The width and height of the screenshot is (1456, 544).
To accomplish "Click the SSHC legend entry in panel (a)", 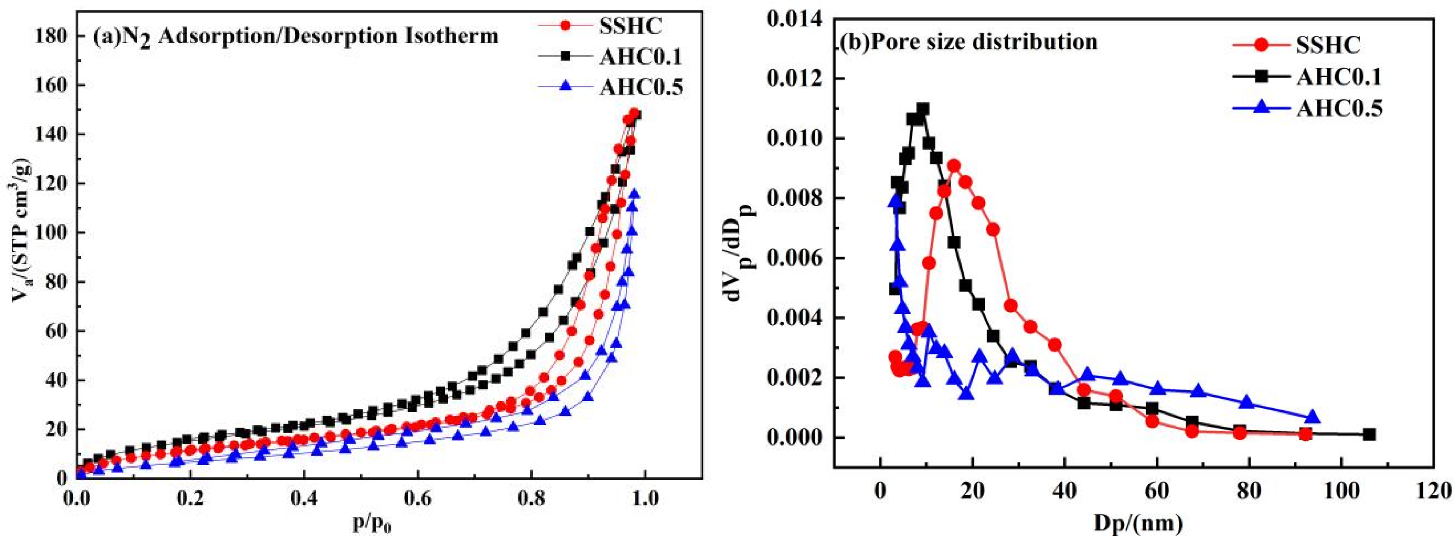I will (627, 26).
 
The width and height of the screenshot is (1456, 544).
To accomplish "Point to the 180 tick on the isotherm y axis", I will (54, 36).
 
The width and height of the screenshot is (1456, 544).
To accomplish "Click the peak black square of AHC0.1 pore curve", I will (923, 108).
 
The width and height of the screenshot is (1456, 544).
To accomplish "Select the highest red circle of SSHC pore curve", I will (954, 166).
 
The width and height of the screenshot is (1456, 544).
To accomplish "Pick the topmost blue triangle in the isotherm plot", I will (635, 194).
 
